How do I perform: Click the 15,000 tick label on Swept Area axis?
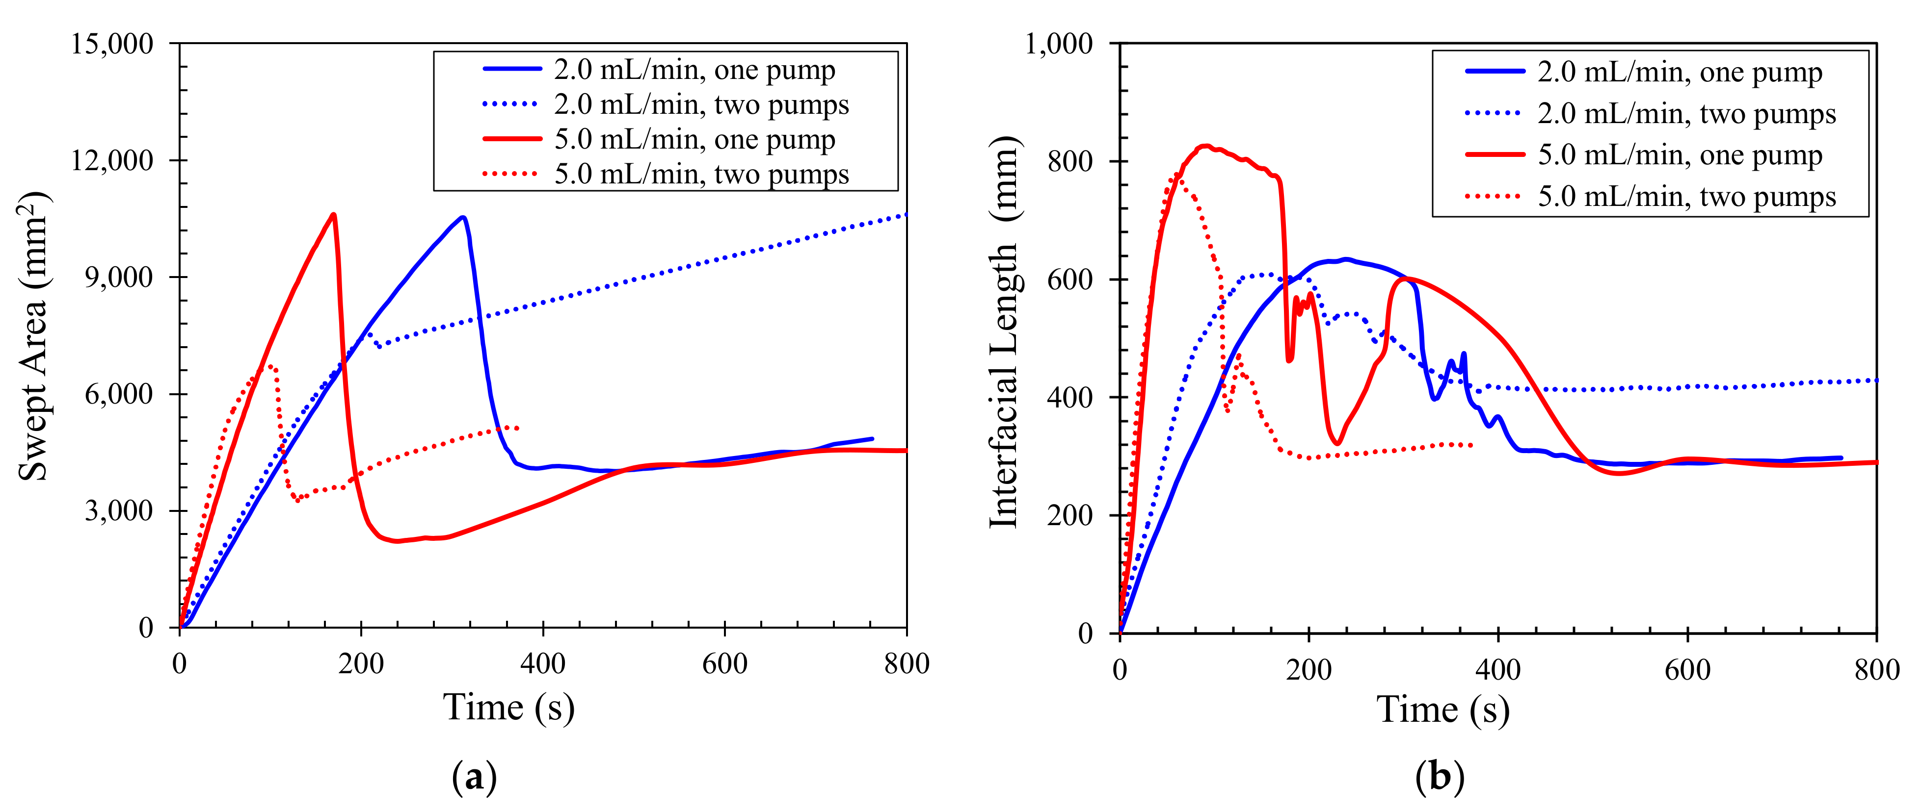(x=112, y=44)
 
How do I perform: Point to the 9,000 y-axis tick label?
(x=119, y=278)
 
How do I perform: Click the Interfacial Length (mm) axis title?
(x=1004, y=333)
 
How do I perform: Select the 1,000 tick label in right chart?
(x=1059, y=44)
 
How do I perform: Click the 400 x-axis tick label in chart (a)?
(x=542, y=663)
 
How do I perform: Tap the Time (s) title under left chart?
(x=509, y=707)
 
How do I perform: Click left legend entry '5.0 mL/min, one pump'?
(x=694, y=139)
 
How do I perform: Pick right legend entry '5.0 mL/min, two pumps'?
(x=1686, y=196)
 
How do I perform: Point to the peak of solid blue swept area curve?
(x=463, y=217)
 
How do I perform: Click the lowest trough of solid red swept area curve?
(x=397, y=541)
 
